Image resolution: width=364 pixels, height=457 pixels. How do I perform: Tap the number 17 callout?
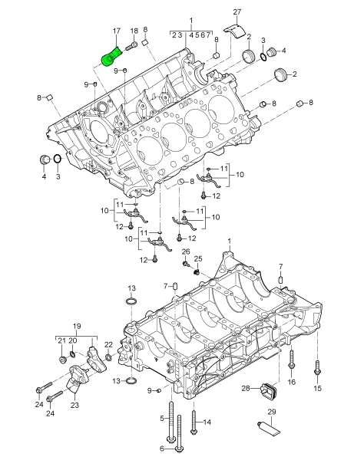point(117,31)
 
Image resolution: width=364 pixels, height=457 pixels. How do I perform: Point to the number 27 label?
point(237,12)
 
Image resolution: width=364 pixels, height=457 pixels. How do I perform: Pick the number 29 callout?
point(272,412)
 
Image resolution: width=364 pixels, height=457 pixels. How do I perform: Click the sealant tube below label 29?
point(268,428)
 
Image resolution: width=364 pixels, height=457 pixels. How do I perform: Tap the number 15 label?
point(317,388)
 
